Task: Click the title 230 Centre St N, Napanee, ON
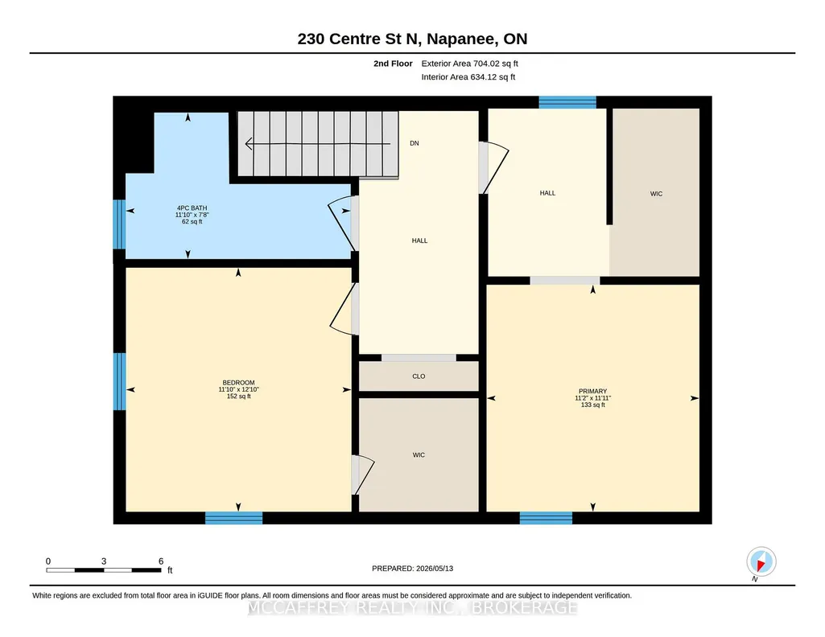click(x=412, y=39)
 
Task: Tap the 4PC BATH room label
click(x=192, y=208)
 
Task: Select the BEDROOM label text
click(x=238, y=383)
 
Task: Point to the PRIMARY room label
click(x=592, y=391)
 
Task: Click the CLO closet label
click(x=419, y=376)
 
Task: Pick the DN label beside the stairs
click(x=415, y=143)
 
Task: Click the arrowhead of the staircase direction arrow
click(x=249, y=143)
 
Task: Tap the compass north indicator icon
click(x=761, y=562)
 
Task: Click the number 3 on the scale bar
click(x=104, y=561)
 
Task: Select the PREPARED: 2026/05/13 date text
click(x=412, y=568)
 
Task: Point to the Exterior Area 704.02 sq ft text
click(x=470, y=64)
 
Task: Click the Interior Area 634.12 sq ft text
click(x=468, y=76)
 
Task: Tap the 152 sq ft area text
click(x=238, y=397)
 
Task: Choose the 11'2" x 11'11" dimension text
click(x=592, y=398)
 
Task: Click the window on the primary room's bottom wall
click(x=546, y=518)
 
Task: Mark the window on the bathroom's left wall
click(x=119, y=224)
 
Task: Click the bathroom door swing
click(x=341, y=224)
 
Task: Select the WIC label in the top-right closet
click(x=656, y=194)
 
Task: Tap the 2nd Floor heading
click(x=393, y=64)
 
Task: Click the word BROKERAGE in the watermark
click(x=524, y=607)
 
